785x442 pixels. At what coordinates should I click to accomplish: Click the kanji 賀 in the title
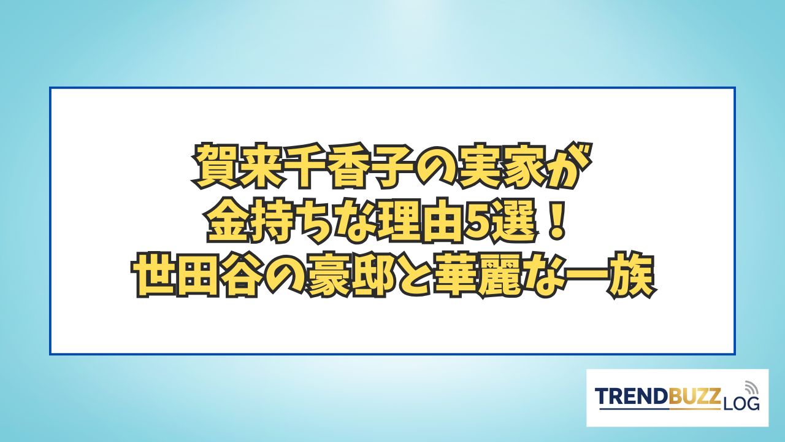214,166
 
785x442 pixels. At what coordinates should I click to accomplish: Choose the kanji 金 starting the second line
229,221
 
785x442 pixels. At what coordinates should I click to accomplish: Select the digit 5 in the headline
478,222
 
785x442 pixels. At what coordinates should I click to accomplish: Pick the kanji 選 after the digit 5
515,221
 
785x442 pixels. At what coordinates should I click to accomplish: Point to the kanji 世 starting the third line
156,276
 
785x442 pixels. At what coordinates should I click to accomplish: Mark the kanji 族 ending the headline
629,276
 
